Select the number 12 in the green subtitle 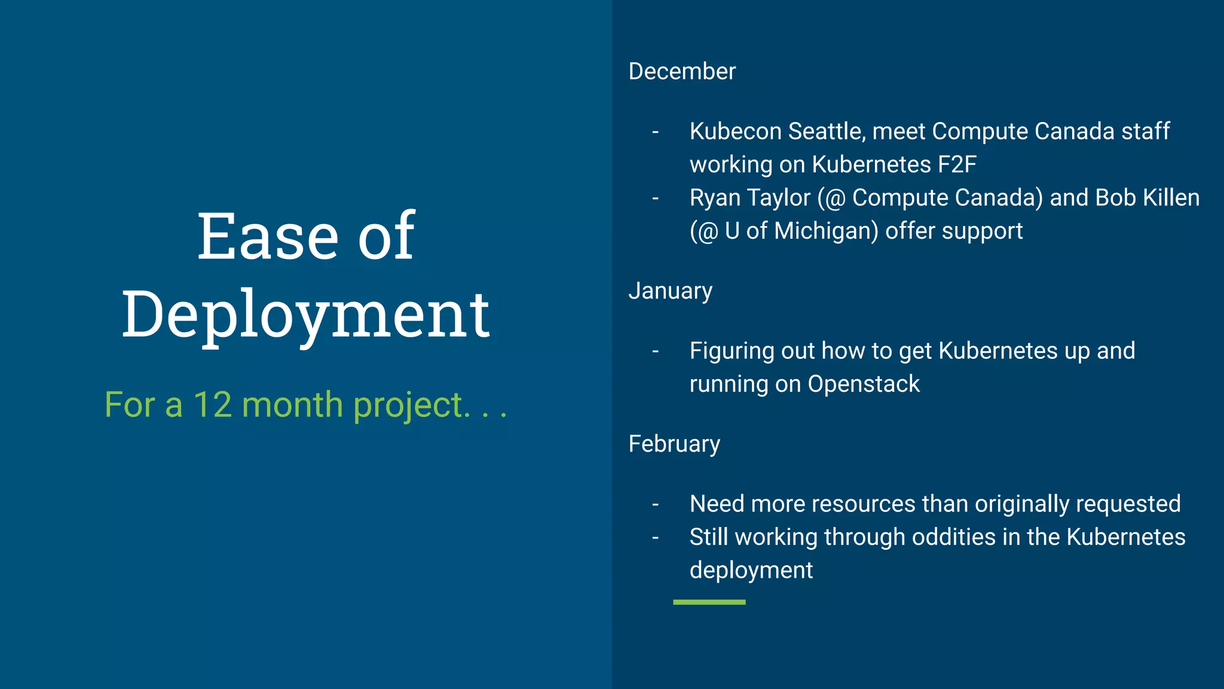[x=213, y=405]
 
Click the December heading [x=682, y=71]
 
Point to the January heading [x=670, y=291]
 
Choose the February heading [x=674, y=444]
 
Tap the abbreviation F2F [x=957, y=164]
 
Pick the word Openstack [x=864, y=384]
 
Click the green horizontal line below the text [x=709, y=602]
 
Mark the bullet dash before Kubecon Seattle [x=656, y=132]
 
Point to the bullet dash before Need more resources [x=656, y=505]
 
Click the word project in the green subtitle [x=408, y=406]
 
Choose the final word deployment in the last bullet [x=751, y=571]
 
